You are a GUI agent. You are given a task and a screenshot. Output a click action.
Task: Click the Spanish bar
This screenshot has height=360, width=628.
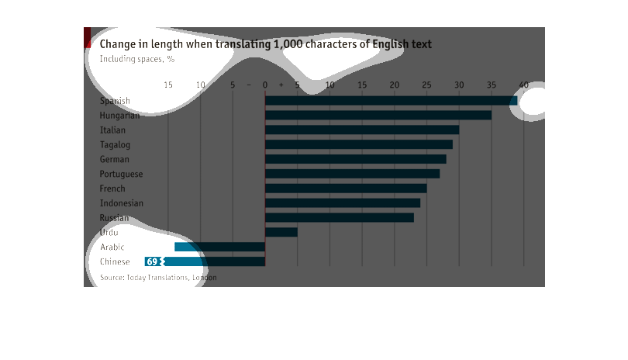(x=391, y=100)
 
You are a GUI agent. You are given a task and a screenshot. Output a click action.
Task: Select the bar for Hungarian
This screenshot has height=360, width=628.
(x=378, y=115)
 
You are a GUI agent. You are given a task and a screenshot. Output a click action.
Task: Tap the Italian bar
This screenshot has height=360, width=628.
(x=362, y=130)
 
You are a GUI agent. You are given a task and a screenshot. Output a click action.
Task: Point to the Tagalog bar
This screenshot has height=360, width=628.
(x=359, y=144)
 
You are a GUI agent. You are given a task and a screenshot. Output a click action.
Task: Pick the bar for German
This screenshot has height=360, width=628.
(x=356, y=159)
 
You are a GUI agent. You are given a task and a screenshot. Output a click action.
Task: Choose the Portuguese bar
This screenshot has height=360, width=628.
(x=352, y=174)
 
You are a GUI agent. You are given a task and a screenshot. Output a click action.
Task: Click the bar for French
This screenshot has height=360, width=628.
(x=346, y=189)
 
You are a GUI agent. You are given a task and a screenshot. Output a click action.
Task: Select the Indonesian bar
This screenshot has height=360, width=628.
(x=343, y=203)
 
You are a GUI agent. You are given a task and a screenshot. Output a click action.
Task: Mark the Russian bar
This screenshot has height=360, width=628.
(x=340, y=218)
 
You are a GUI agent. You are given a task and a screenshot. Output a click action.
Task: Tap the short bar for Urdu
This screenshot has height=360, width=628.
(x=281, y=232)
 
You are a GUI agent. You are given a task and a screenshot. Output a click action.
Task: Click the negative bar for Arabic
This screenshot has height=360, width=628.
(x=220, y=247)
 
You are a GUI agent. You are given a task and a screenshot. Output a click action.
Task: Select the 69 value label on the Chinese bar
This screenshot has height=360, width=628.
(x=152, y=261)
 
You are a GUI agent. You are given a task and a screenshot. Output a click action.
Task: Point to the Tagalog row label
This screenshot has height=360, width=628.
(x=115, y=144)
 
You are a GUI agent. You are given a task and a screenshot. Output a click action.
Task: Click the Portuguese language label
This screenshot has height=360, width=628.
(x=121, y=174)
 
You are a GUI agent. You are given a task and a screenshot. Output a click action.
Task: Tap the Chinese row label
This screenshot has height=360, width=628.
(x=115, y=261)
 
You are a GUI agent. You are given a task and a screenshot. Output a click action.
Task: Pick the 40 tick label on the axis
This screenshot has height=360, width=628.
(x=523, y=85)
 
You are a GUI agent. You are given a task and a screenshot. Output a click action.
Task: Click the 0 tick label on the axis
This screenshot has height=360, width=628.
(x=265, y=85)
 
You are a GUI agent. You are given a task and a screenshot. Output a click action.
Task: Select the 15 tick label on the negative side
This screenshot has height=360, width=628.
(x=168, y=85)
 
